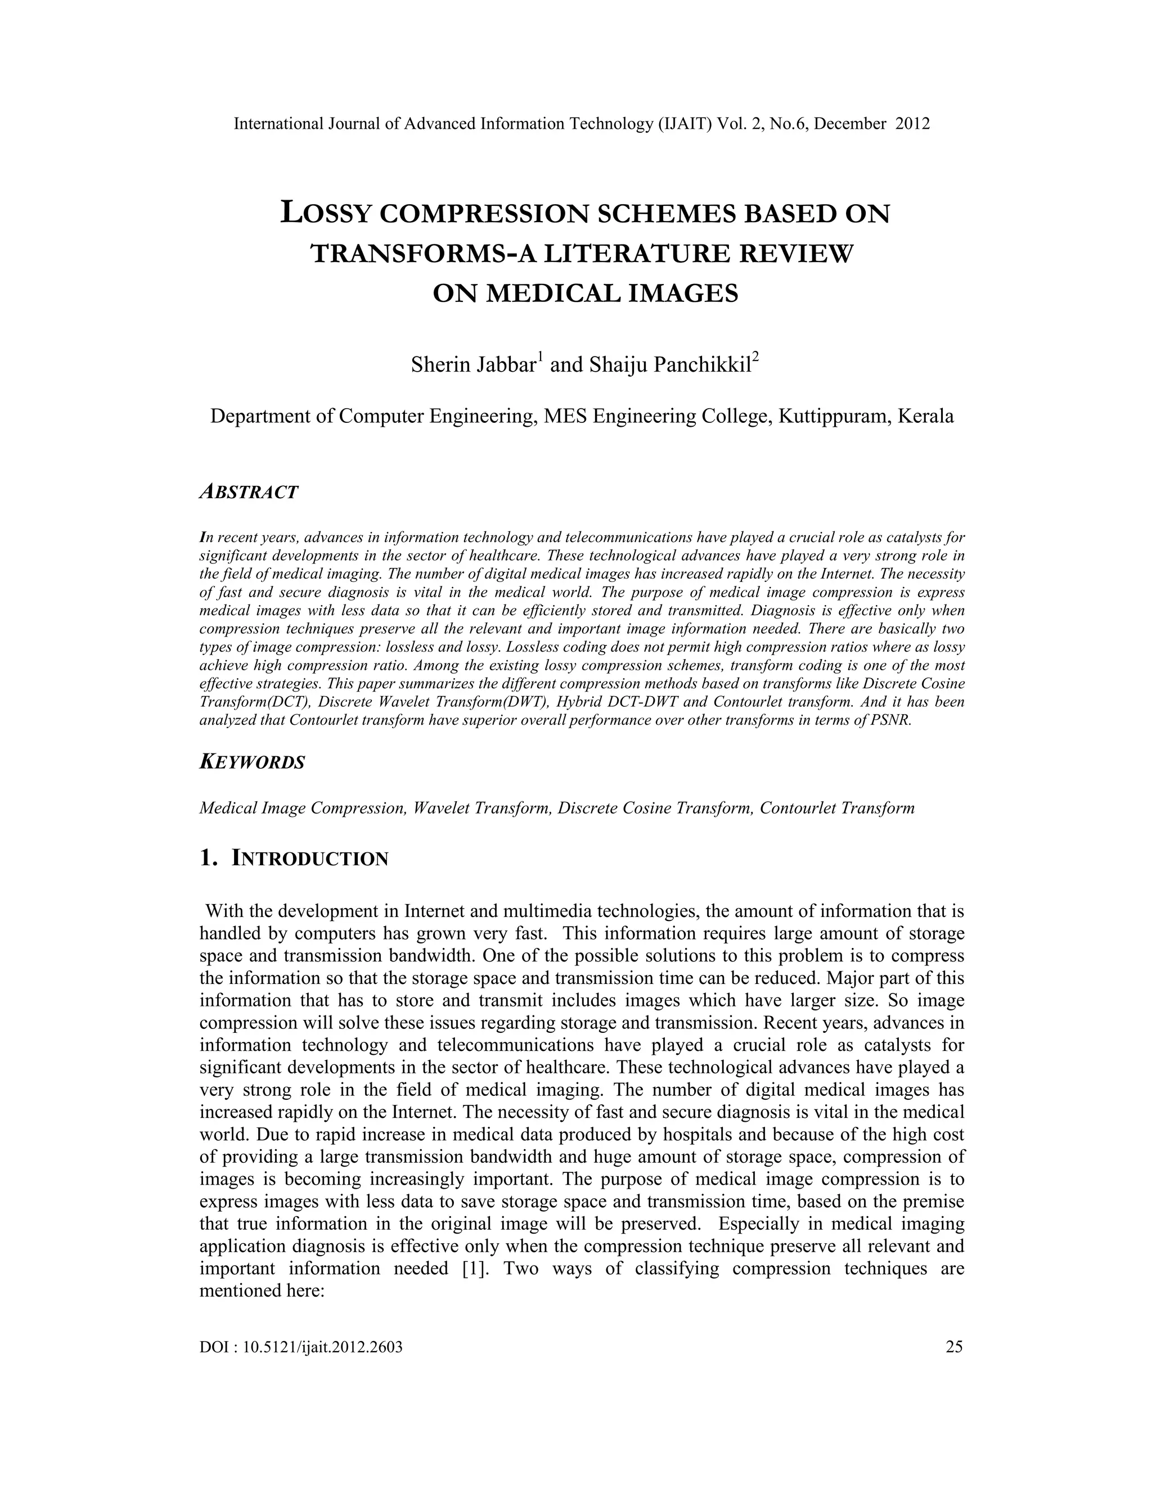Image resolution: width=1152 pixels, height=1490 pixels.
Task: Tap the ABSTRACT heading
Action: point(249,492)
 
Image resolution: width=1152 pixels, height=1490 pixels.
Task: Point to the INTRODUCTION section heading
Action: point(310,858)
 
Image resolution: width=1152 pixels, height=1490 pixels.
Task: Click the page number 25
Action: point(954,1346)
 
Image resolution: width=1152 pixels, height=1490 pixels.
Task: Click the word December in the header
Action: point(850,124)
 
